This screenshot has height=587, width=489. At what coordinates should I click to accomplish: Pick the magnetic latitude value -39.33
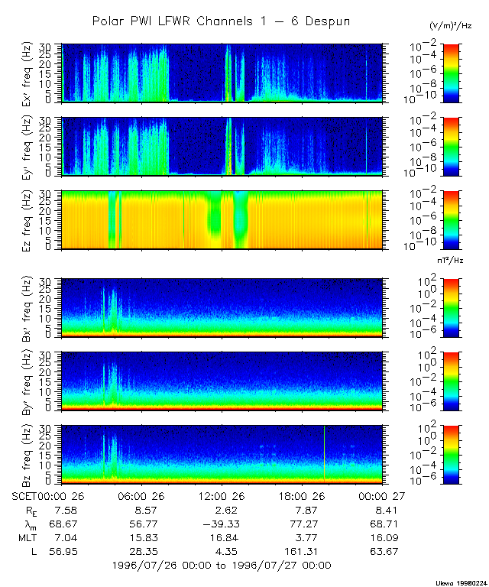pyautogui.click(x=222, y=524)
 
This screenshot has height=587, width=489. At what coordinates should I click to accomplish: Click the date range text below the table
pyautogui.click(x=221, y=566)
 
